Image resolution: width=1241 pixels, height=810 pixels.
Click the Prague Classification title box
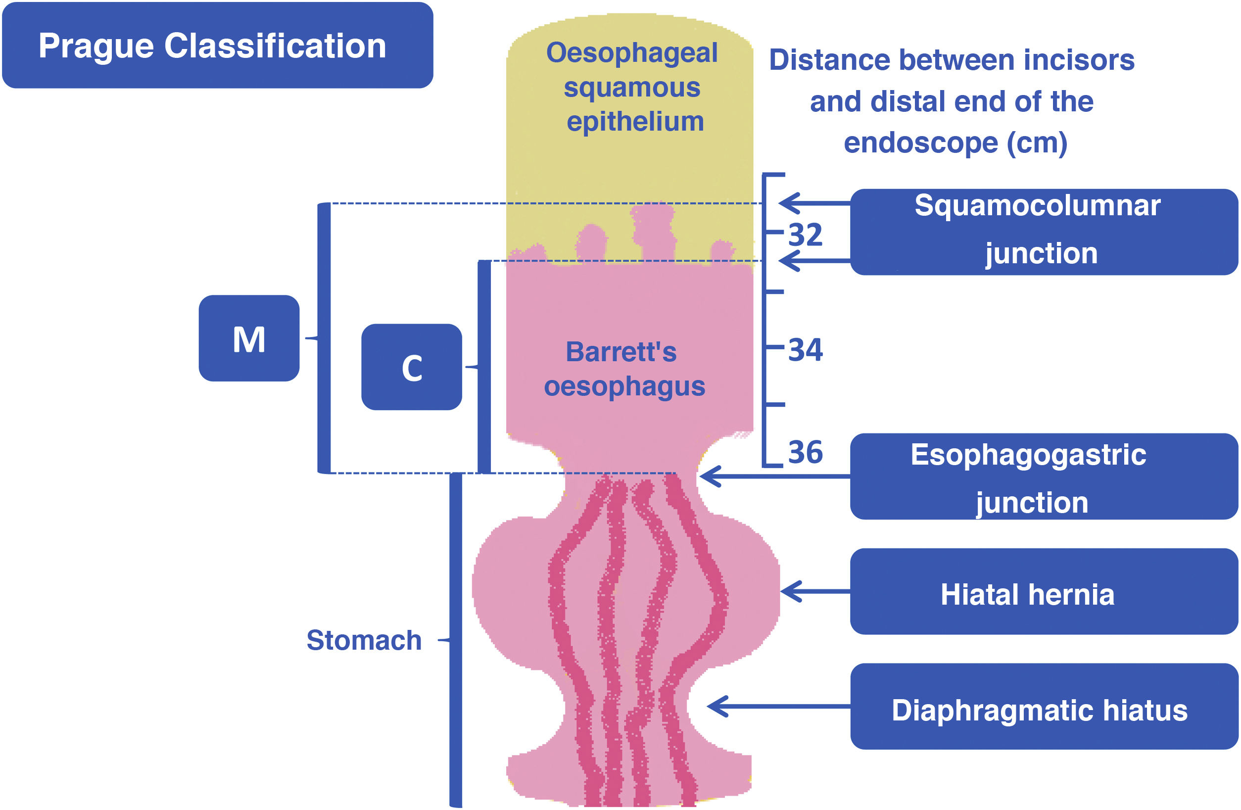(217, 46)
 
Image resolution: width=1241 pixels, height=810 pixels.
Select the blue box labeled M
(249, 338)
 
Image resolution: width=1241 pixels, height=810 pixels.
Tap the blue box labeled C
(411, 367)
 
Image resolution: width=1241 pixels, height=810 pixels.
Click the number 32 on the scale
(805, 235)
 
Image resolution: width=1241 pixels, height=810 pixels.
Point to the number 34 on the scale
(805, 349)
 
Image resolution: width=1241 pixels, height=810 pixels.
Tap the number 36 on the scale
(805, 452)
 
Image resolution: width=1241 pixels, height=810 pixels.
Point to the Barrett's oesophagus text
(624, 369)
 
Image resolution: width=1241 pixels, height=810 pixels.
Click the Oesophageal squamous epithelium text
(632, 87)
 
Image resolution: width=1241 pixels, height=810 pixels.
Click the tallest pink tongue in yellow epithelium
(653, 230)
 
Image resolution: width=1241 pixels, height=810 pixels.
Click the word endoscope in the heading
(920, 143)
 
